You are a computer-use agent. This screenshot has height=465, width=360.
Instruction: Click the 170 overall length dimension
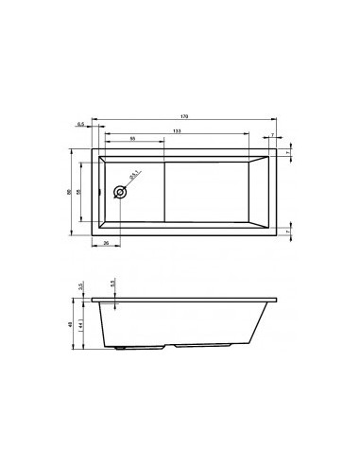185,115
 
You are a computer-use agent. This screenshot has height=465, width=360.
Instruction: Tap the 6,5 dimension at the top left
82,124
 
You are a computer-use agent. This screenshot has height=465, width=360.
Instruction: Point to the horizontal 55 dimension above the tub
131,139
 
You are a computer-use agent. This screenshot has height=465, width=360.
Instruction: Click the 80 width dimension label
69,192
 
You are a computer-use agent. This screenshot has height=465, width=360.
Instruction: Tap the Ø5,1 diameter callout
134,176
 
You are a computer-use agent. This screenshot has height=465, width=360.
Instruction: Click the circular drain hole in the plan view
120,192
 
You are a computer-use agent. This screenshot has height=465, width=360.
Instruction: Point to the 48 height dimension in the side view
71,324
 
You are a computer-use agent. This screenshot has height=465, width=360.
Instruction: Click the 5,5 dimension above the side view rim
111,284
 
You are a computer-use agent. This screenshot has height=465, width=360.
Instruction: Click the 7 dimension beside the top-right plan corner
290,151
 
